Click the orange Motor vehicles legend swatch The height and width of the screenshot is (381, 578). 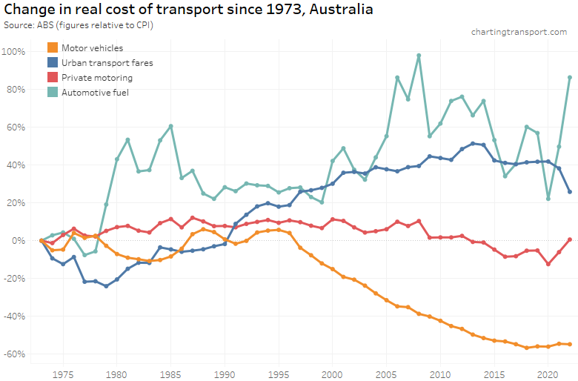click(53, 48)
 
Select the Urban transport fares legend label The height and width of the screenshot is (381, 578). click(107, 63)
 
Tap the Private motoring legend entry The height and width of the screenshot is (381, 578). click(97, 77)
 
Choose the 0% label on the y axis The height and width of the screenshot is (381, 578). click(19, 240)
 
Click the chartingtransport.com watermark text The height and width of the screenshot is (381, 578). click(519, 32)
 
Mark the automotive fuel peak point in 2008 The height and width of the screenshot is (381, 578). click(419, 56)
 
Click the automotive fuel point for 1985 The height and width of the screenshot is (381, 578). click(170, 126)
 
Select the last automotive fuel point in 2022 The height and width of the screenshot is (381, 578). click(570, 77)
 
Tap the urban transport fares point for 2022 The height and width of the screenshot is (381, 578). click(570, 192)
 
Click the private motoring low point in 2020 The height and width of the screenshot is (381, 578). click(548, 264)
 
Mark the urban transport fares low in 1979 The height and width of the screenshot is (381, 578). click(106, 286)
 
